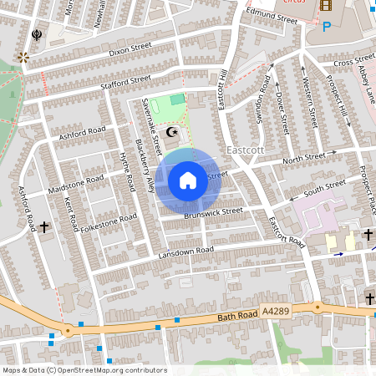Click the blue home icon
pos(188,180)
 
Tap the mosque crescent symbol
pos(173,132)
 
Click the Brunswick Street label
pos(214,212)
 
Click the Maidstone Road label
pos(77,185)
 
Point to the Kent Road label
pos(71,216)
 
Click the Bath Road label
pos(233,315)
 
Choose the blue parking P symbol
pos(326,27)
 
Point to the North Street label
pos(303,157)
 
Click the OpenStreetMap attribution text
pos(84,370)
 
